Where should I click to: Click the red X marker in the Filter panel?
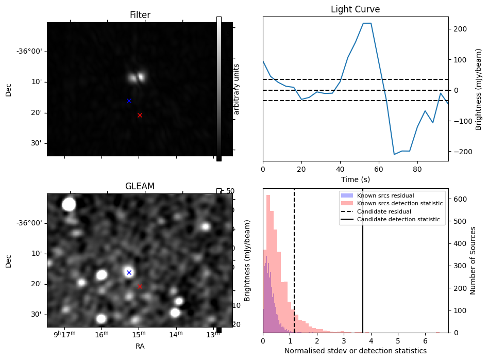click(x=140, y=115)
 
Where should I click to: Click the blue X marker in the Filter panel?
click(x=129, y=101)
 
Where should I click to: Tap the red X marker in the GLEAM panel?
click(x=140, y=286)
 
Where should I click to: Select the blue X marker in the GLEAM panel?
click(x=129, y=272)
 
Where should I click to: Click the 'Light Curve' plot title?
click(x=355, y=10)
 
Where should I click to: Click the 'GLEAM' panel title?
click(x=140, y=186)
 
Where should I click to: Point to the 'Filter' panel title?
click(x=140, y=15)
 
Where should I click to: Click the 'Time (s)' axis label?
click(x=355, y=179)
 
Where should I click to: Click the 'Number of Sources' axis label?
click(x=474, y=260)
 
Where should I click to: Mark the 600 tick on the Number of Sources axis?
click(x=461, y=199)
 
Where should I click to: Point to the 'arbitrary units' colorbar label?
click(x=237, y=89)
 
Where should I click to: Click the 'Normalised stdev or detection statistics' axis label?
click(x=355, y=351)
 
